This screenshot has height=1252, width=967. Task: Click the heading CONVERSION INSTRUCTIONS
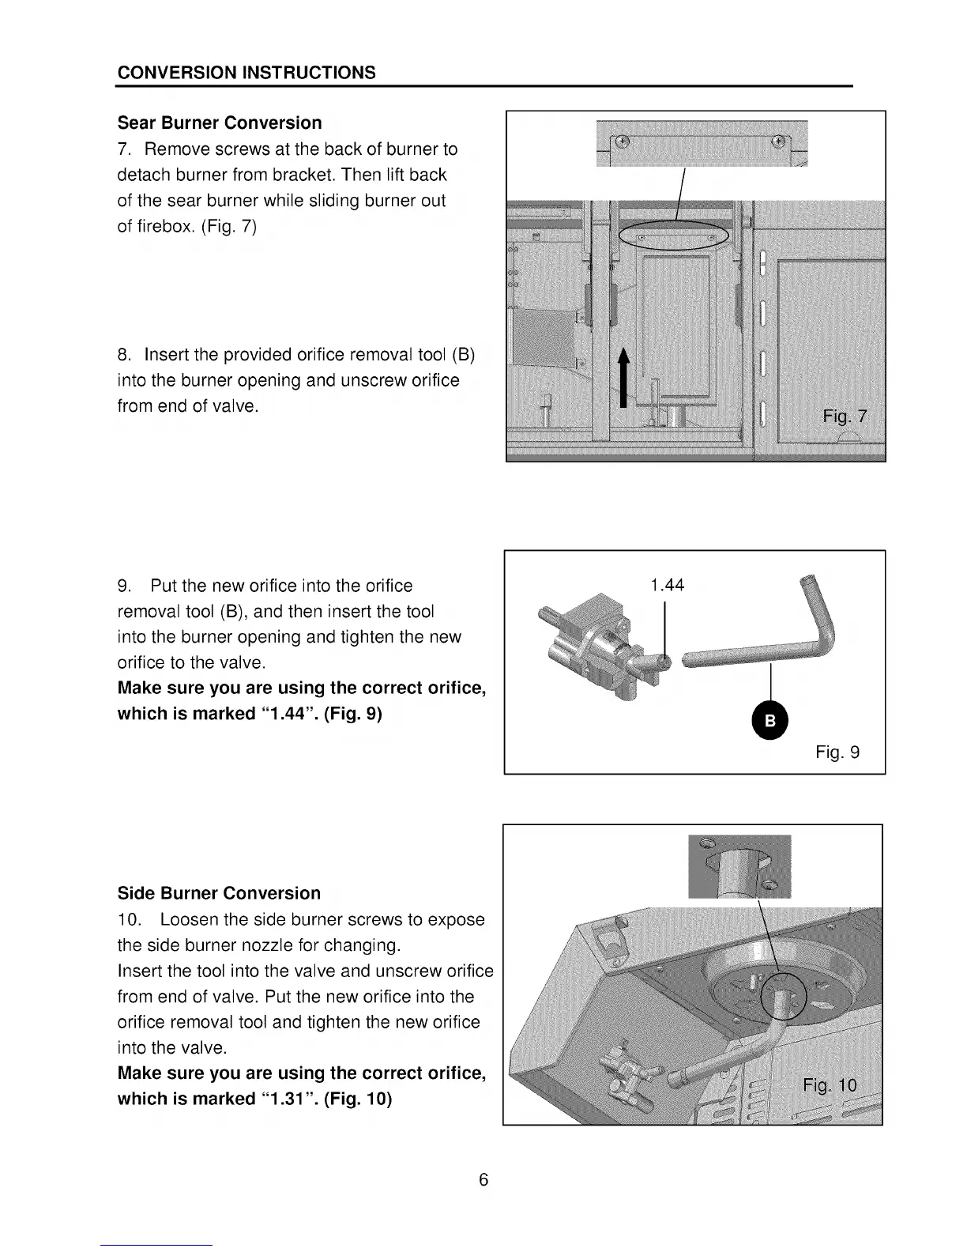click(246, 73)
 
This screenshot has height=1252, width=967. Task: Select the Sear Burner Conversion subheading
click(220, 123)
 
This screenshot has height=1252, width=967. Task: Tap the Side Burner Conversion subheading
click(219, 893)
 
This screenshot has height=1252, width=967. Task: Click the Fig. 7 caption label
click(845, 417)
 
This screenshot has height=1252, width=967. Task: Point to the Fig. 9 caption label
click(837, 752)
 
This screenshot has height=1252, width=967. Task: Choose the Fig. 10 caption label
click(829, 1084)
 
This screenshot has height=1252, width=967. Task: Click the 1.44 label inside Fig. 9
click(667, 585)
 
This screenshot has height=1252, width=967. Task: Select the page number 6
click(483, 1180)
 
